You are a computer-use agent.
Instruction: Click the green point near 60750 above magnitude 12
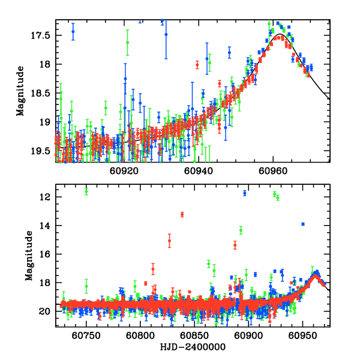point(86,191)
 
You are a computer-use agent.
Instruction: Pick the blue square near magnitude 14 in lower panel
point(303,224)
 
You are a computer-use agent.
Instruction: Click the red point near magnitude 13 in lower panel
point(182,214)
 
